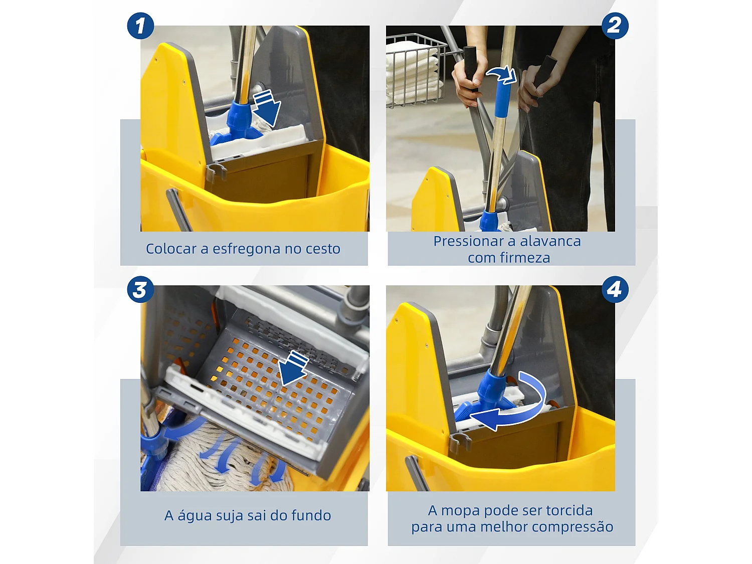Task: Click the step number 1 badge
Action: point(140,26)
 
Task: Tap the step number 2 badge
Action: point(615,26)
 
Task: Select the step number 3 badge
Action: point(140,289)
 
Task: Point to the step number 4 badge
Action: point(615,289)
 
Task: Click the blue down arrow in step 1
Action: point(266,108)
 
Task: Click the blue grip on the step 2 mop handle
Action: point(503,99)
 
